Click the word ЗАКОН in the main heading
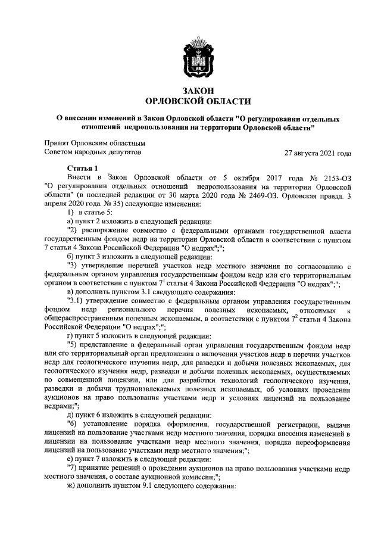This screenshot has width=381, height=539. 198,91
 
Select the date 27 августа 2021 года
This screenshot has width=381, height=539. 318,153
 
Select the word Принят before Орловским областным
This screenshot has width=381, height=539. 58,143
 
